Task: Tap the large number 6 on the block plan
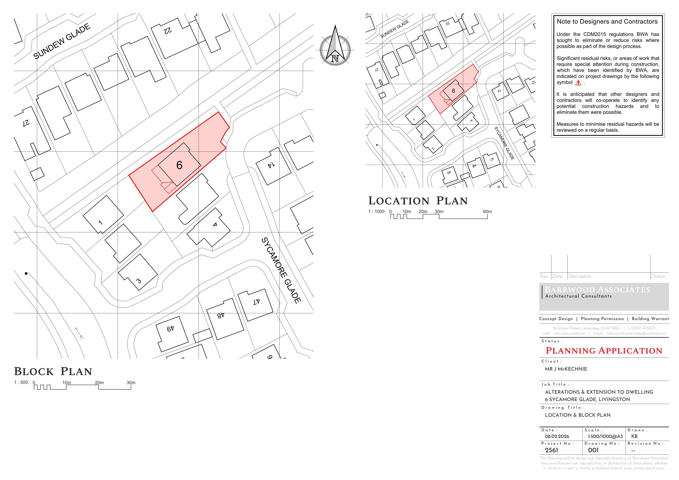click(179, 165)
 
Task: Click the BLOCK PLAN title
click(53, 371)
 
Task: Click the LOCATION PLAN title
click(418, 201)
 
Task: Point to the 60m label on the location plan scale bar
click(487, 211)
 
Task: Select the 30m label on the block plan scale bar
click(131, 382)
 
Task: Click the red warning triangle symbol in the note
click(578, 83)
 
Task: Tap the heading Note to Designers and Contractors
click(607, 22)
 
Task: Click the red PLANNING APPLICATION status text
click(604, 351)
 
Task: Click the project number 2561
click(552, 450)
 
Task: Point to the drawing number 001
click(593, 450)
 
